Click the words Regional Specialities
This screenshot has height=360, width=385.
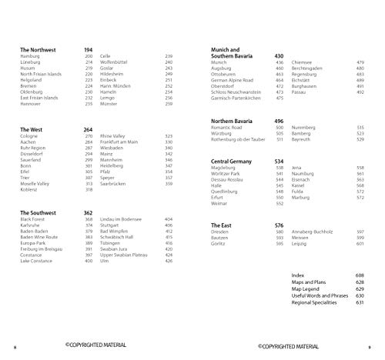[315, 302]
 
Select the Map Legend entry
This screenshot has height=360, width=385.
[308, 288]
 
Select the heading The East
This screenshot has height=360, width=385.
[222, 225]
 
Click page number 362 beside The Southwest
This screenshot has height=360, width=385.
[88, 212]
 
